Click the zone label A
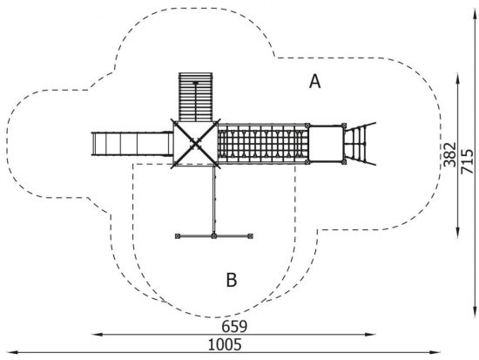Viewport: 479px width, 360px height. click(315, 82)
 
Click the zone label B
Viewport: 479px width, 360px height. click(232, 280)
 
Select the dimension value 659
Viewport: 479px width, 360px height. click(234, 327)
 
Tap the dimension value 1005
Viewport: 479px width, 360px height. click(225, 344)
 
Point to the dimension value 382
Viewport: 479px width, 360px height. click(450, 155)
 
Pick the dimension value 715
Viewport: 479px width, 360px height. click(468, 161)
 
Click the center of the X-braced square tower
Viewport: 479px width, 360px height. click(195, 144)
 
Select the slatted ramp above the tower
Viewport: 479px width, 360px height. click(195, 97)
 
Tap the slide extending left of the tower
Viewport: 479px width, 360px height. click(132, 144)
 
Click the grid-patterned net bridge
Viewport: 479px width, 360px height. click(263, 144)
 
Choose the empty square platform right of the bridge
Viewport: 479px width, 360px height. click(326, 144)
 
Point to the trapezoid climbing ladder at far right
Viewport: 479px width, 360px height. click(360, 144)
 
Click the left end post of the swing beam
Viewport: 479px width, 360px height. click(178, 236)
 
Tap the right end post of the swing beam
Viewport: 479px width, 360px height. click(250, 236)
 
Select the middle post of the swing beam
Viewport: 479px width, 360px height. click(214, 236)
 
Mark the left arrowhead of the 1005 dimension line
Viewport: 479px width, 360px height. click(12, 353)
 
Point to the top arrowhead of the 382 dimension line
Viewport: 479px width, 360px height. click(457, 78)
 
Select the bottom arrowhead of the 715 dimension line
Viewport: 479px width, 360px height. click(475, 311)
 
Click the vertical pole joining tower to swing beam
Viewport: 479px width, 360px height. click(214, 200)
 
